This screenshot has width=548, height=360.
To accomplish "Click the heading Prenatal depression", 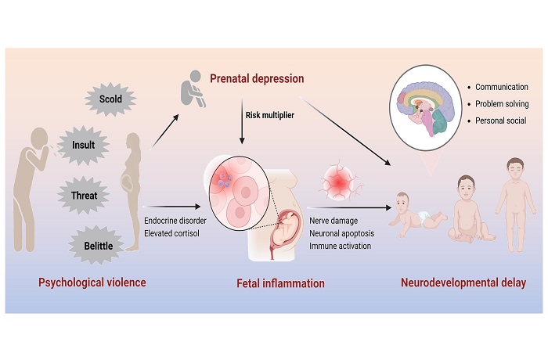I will [257, 79].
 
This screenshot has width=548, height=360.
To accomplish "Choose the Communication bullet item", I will [501, 87].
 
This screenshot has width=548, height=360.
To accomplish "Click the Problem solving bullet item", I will [502, 104].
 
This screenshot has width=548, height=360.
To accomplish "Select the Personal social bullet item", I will [499, 121].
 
